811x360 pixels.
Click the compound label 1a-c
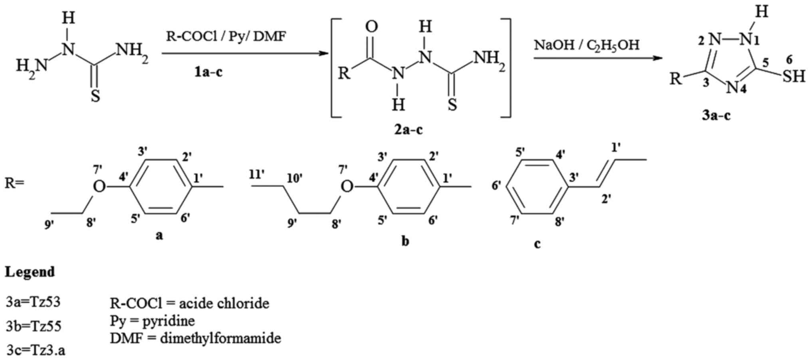click(208, 72)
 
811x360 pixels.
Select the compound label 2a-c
click(408, 129)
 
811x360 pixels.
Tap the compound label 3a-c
click(716, 115)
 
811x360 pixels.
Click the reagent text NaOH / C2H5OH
click(587, 45)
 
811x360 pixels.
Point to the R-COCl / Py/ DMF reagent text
click(226, 37)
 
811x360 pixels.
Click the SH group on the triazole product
click(793, 76)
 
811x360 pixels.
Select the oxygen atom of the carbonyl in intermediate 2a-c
click(372, 27)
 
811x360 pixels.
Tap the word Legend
click(30, 272)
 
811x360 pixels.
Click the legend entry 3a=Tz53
click(33, 302)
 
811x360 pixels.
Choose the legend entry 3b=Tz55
click(34, 326)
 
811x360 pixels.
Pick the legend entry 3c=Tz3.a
click(36, 350)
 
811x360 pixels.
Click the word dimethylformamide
click(220, 338)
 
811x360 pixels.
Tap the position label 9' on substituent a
click(50, 225)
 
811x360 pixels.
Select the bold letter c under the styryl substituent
click(537, 243)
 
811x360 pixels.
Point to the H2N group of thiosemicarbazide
click(31, 65)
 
